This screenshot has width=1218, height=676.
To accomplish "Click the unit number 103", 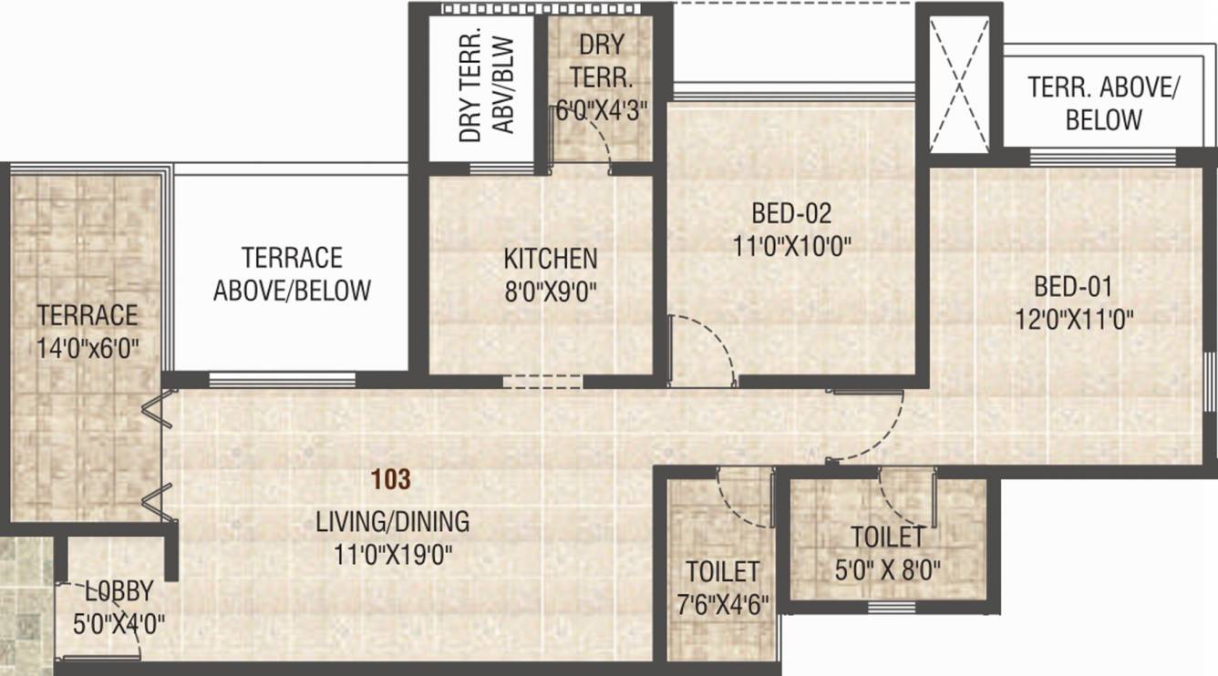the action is (390, 479).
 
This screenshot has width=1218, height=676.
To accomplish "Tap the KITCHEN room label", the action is (551, 259).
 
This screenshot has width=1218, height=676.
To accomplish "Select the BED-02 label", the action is (791, 213).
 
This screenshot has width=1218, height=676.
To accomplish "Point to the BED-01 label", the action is (1073, 286).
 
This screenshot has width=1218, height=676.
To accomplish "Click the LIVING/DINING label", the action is (393, 522).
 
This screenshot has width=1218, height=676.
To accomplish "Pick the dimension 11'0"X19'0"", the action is (393, 556).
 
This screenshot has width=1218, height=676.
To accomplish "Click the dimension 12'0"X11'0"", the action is (1075, 320).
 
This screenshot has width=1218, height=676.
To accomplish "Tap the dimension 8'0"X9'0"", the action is (551, 292).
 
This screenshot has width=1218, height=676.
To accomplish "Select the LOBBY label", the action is (119, 591).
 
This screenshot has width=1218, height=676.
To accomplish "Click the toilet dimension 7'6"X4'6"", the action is (723, 605).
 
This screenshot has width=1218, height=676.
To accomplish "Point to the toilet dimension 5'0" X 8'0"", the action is (887, 570).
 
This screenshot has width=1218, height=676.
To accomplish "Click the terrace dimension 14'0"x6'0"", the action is (88, 348).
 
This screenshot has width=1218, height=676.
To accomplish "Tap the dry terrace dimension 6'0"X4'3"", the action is (602, 112).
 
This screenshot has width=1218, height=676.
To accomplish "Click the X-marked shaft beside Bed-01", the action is (959, 84).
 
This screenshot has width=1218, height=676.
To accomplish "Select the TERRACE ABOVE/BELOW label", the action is (292, 274).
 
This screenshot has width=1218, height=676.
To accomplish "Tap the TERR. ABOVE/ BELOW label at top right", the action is (1103, 103).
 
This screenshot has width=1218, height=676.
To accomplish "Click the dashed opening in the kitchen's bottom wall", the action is (542, 382).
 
